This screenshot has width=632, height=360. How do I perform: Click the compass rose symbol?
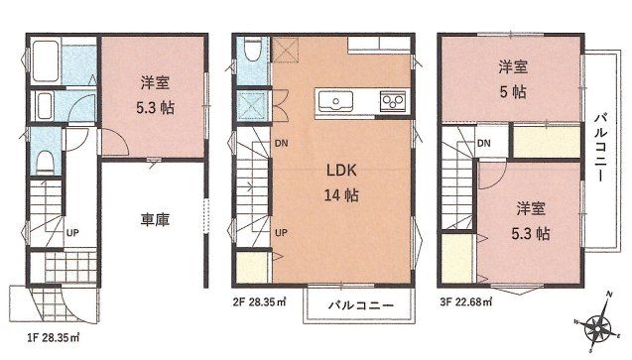(597, 323)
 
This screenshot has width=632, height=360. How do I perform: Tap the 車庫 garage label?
(155, 219)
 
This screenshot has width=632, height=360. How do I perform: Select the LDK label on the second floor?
(341, 170)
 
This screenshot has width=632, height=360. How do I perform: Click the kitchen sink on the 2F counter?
(335, 100)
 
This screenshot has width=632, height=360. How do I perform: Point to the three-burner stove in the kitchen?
(393, 101)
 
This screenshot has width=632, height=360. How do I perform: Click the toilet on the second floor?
(253, 50)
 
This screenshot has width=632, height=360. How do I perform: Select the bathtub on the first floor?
(46, 60)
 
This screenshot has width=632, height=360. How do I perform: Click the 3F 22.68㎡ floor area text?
(466, 302)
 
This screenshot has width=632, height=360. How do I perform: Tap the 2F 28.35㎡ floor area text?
(260, 302)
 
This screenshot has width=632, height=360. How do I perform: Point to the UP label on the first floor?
(72, 232)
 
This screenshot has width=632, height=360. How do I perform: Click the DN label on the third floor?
(484, 143)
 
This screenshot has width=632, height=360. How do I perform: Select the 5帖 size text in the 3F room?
(513, 92)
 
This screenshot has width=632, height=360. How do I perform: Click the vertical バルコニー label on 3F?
(600, 148)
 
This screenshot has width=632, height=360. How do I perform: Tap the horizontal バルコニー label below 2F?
(360, 304)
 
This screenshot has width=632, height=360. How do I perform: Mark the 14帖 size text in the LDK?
(341, 195)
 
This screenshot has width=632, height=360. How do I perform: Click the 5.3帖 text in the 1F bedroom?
(155, 108)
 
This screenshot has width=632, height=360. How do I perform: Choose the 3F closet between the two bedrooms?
(547, 142)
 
